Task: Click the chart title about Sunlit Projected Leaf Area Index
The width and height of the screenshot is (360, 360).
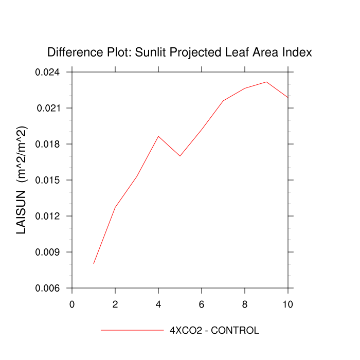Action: tap(179, 52)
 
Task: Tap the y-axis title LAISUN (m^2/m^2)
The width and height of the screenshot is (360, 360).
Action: tap(22, 180)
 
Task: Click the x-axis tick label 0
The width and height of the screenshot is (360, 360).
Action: tap(72, 304)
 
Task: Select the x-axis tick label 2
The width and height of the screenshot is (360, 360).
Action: tap(115, 304)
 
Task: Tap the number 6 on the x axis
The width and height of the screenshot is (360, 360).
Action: tap(202, 304)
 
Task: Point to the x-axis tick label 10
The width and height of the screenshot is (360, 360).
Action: tap(288, 304)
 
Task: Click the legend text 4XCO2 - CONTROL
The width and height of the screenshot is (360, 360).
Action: tap(214, 330)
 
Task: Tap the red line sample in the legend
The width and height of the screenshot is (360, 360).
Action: tap(132, 330)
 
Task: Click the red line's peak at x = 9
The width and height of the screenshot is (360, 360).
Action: tap(266, 82)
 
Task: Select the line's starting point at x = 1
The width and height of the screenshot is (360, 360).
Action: tap(94, 263)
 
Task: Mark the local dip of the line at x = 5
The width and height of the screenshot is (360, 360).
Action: tap(180, 156)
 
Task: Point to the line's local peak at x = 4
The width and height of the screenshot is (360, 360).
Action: tap(158, 136)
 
